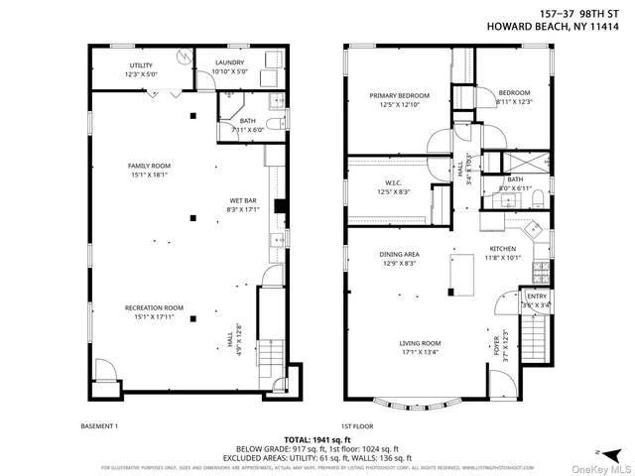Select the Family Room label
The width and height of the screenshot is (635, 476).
pyautogui.click(x=150, y=170)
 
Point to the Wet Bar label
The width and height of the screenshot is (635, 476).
pyautogui.click(x=243, y=204)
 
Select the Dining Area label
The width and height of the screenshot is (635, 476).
pyautogui.click(x=398, y=259)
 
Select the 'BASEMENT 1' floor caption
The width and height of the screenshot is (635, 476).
pyautogui.click(x=99, y=425)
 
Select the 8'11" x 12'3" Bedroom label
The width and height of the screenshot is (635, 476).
pyautogui.click(x=514, y=97)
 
